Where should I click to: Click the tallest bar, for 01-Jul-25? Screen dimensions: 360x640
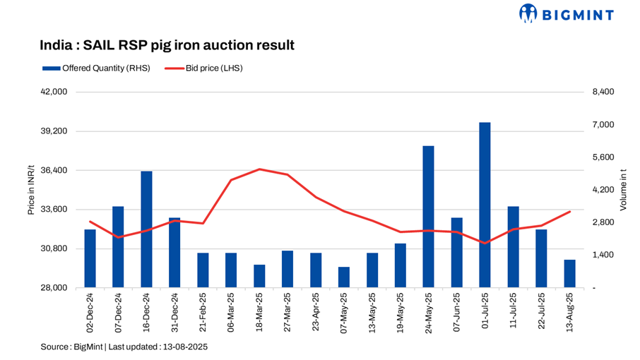[x=485, y=205]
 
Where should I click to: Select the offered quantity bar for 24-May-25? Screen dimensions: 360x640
[x=428, y=217]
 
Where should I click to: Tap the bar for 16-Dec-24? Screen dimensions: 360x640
[x=146, y=229]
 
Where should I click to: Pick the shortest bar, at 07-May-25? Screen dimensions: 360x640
[x=343, y=277]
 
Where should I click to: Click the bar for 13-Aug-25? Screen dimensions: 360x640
[x=569, y=274]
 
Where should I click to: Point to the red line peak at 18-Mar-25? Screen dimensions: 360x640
[x=259, y=169]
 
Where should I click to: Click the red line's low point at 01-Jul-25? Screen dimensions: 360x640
[x=485, y=243]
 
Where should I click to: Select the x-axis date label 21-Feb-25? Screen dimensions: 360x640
[x=203, y=311]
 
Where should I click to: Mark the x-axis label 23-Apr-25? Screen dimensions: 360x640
[x=316, y=311]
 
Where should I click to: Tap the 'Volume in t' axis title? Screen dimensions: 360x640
[x=623, y=189]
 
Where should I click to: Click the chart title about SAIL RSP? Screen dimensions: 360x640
[x=167, y=46]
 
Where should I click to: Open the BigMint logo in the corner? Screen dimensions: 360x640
[x=566, y=13]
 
